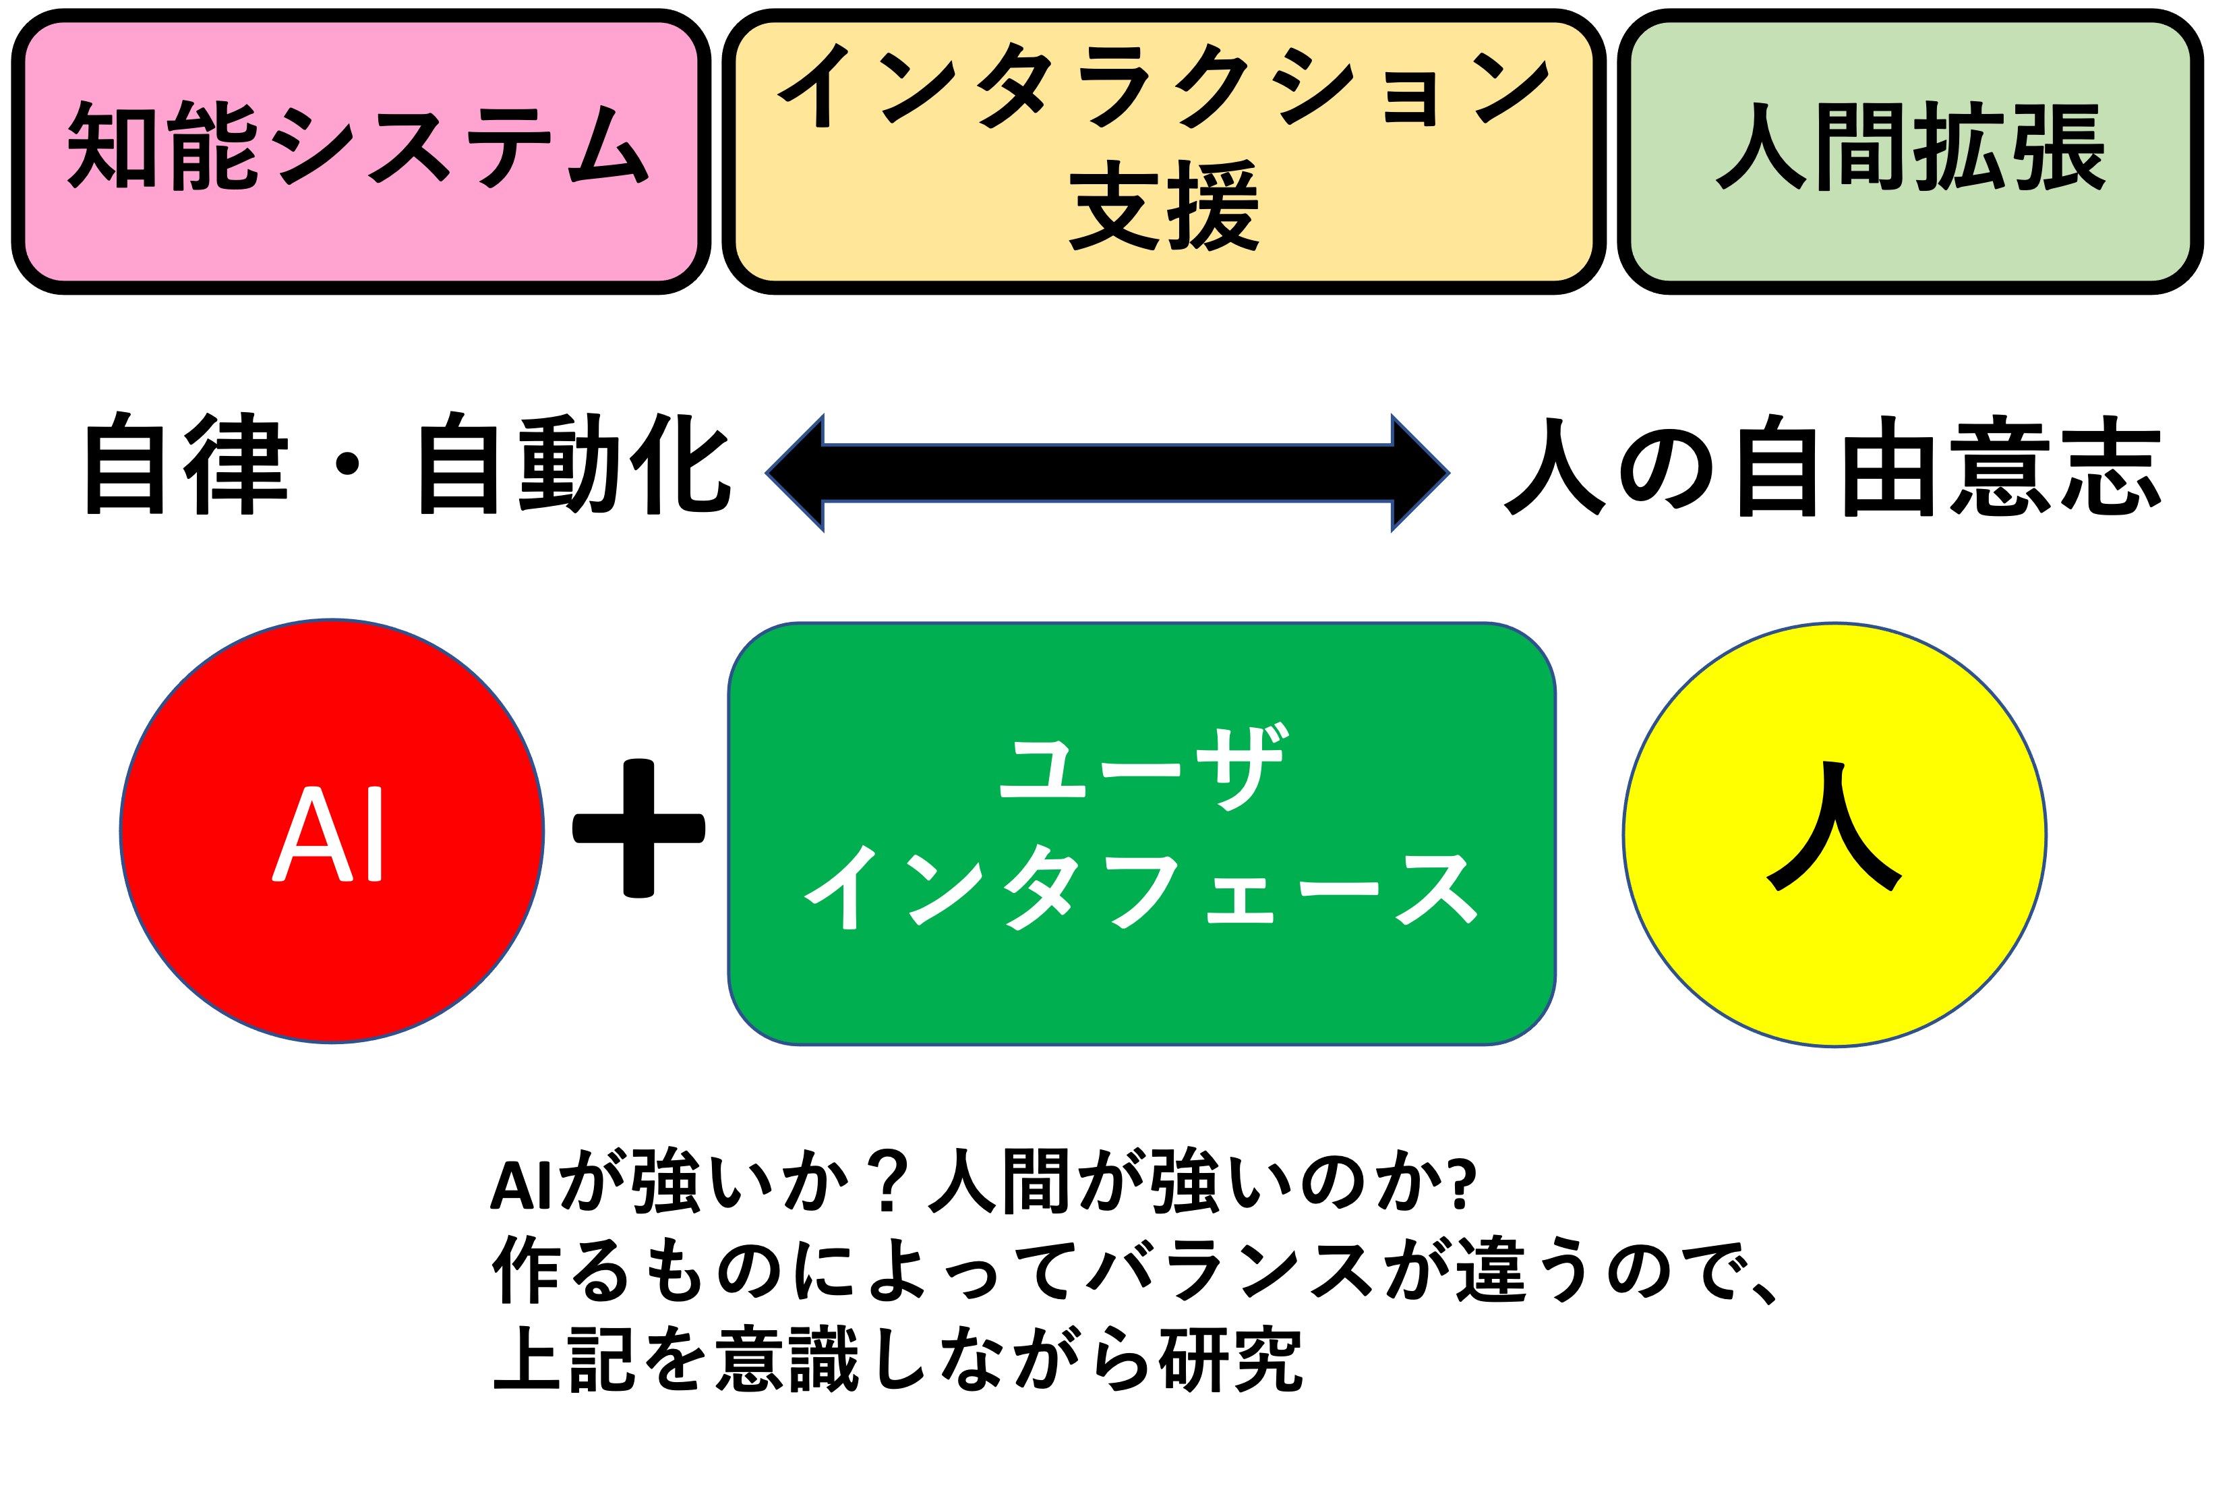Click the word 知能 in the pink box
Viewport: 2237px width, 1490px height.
click(x=162, y=146)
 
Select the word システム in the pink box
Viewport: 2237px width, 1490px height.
click(x=460, y=146)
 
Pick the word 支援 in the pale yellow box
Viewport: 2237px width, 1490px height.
click(x=1164, y=205)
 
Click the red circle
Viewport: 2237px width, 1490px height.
click(x=332, y=950)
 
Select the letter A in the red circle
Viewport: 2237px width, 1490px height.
click(x=313, y=834)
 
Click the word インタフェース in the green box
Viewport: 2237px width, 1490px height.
click(x=1141, y=888)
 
